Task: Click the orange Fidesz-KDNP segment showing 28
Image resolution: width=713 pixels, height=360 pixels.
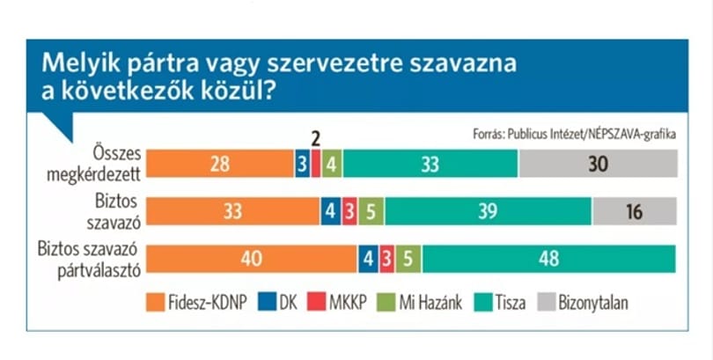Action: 220,164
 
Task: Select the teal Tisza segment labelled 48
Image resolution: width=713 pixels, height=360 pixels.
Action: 549,259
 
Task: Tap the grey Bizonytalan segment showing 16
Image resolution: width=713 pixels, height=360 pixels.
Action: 635,211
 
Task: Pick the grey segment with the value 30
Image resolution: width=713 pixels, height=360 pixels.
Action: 599,164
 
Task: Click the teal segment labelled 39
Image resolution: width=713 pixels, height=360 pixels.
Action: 489,211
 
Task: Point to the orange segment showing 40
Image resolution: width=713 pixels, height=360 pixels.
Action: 252,259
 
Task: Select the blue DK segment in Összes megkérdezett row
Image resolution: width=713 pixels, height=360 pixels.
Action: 303,164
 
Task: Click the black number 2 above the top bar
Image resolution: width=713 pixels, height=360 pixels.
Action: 316,139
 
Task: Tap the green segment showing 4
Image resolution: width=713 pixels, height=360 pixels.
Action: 332,164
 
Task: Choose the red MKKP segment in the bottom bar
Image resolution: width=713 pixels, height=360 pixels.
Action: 387,259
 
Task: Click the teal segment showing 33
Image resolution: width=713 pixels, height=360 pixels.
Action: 430,164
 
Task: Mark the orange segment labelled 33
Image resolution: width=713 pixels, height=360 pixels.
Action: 232,211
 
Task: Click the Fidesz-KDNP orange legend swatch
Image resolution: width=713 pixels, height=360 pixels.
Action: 155,302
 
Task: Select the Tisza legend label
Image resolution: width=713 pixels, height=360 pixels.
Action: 511,303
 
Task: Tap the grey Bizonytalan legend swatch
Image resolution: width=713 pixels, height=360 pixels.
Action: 547,302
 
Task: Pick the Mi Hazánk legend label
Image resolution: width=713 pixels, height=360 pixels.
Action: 430,303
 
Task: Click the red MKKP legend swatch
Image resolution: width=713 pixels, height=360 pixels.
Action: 317,302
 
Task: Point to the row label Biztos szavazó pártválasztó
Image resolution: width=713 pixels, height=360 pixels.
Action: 89,260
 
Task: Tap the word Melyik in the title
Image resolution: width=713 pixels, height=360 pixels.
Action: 81,64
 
